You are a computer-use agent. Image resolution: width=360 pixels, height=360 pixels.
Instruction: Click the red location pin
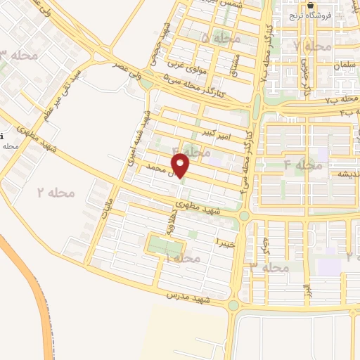pos(181,166)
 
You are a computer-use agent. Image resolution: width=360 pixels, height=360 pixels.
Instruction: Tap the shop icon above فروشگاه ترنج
pos(311,5)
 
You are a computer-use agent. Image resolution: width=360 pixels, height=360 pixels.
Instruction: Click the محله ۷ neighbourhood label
pos(312,46)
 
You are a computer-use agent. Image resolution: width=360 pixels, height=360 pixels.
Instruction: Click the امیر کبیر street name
pos(213,132)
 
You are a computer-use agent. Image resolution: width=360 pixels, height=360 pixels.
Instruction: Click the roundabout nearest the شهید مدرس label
pos(233,305)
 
